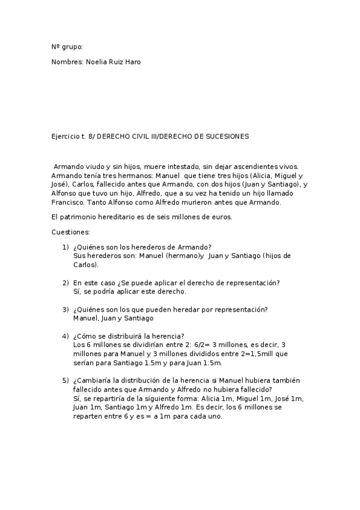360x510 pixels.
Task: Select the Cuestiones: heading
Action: [71, 232]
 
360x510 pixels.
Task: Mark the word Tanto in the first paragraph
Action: [109, 203]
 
